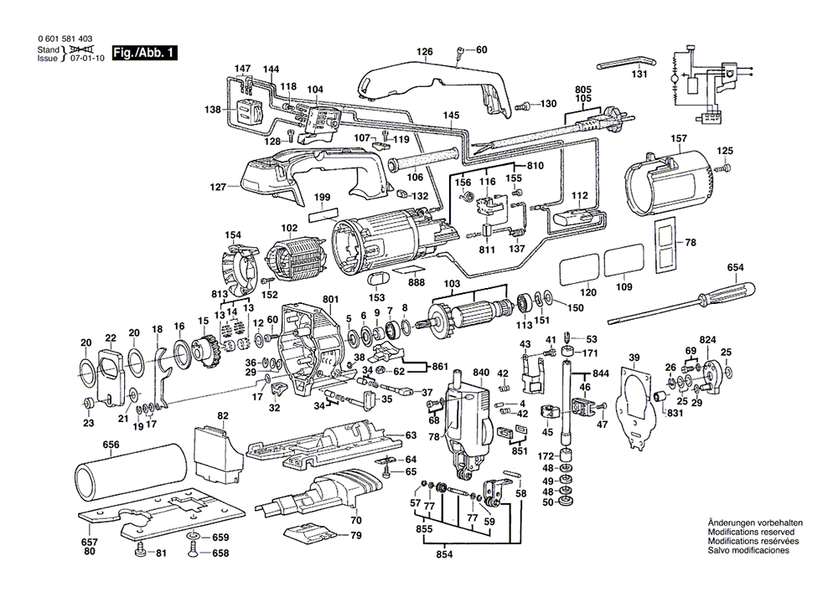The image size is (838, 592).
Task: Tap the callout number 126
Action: pyautogui.click(x=426, y=52)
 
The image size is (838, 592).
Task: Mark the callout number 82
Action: pyautogui.click(x=223, y=415)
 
